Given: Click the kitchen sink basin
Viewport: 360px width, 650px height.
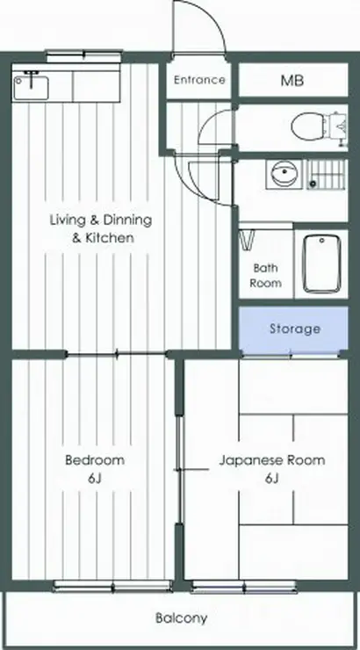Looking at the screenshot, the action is (x=30, y=86).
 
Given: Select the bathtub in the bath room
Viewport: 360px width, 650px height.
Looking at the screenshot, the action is (x=321, y=264).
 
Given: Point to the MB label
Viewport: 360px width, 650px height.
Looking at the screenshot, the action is (x=292, y=81).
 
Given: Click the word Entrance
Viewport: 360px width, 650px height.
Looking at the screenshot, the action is (x=199, y=80).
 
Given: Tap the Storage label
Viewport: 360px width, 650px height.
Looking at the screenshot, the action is (x=295, y=329).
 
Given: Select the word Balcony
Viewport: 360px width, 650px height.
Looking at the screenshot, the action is (x=181, y=618).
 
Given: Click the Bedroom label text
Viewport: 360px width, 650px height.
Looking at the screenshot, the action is (x=95, y=460).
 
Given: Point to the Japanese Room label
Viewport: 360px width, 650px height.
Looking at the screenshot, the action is (x=272, y=460).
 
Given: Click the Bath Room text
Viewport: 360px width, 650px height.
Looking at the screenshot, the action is (x=265, y=276).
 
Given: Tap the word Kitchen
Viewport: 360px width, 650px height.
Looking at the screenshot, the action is (x=110, y=238).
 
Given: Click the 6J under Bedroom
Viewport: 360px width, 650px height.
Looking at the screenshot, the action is (x=95, y=479).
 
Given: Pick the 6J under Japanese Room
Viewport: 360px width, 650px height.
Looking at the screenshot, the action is (x=271, y=479).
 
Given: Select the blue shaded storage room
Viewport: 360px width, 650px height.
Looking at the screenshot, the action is (x=293, y=329).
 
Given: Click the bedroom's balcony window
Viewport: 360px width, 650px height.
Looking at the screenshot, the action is (x=112, y=587).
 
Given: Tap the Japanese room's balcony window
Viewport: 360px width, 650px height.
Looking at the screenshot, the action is (x=244, y=587).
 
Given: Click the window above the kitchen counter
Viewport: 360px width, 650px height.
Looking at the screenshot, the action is (x=84, y=54).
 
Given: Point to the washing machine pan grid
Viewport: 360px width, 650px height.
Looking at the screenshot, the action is (x=327, y=175).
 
